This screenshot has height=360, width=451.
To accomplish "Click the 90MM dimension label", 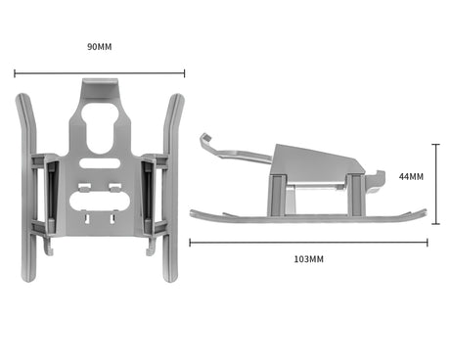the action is pyautogui.click(x=100, y=47).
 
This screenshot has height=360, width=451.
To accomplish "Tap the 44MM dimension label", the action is pyautogui.click(x=411, y=176).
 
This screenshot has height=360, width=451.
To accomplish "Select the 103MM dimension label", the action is pyautogui.click(x=309, y=259).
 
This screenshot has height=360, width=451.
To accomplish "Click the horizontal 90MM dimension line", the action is pyautogui.click(x=100, y=73).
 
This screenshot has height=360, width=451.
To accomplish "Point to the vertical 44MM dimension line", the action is pyautogui.click(x=435, y=184).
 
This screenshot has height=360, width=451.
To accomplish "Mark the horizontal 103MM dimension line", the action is pyautogui.click(x=308, y=243).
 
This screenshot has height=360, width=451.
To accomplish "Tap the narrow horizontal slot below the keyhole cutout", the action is pyautogui.click(x=100, y=163).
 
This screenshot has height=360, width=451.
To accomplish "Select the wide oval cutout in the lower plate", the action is pyautogui.click(x=100, y=202).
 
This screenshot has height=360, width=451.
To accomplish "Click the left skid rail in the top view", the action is pyautogui.click(x=27, y=188).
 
